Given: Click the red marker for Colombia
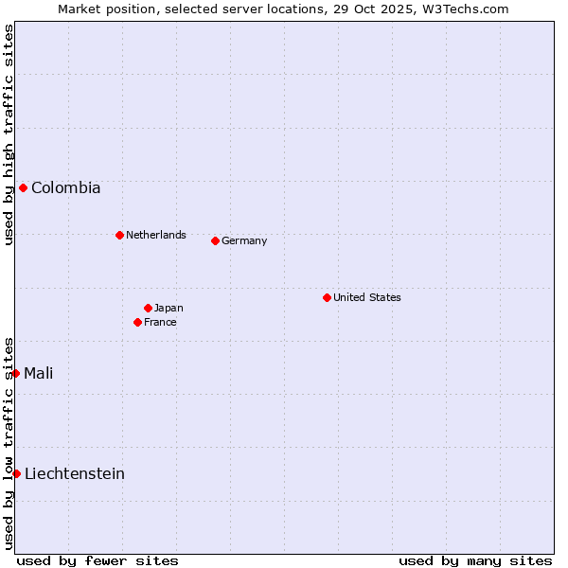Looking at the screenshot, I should coord(23,187).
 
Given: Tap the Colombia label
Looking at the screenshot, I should coord(65,188).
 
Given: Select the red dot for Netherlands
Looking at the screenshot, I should coord(119,235).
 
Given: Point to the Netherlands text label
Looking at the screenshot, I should coord(155,235).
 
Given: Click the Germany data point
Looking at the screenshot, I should coord(215,240).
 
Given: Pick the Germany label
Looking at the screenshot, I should coord(244,241).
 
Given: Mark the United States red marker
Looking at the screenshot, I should coord(327,297).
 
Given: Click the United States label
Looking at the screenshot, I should coord(366,297).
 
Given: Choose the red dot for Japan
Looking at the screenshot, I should coord(148,308).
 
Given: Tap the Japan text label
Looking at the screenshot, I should coord(169,309).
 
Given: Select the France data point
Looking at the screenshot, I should coord(137,322).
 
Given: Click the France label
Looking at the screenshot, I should coord(160,323).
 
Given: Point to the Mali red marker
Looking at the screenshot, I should coord(16,373).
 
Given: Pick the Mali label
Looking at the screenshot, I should coord(38,374).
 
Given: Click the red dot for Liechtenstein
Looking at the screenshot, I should coord(16,473).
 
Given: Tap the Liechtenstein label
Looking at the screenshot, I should coord(74,474).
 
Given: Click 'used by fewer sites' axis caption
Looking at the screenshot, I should coord(98,560).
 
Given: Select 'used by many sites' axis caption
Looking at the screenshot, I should coord(475,560).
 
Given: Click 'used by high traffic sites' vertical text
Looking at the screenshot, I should coord(9,134).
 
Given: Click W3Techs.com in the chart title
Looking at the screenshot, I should coord(465,9).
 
